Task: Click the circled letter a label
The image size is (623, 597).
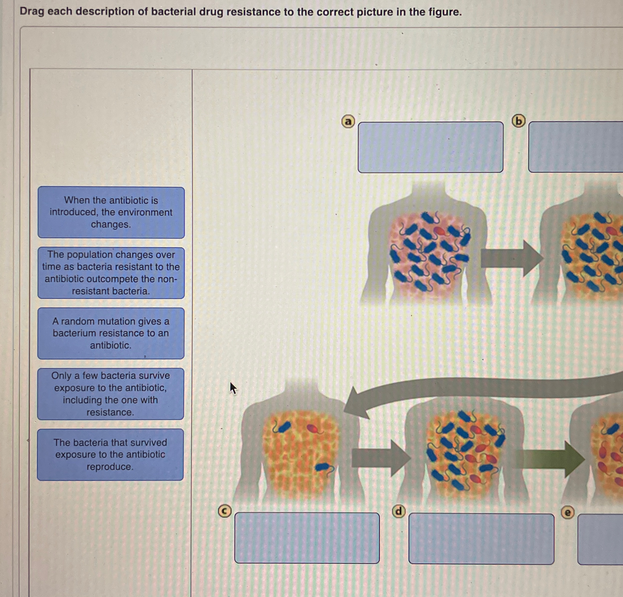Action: point(348,121)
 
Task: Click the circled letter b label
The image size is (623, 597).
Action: point(518,121)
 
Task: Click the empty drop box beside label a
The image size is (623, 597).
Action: point(430,147)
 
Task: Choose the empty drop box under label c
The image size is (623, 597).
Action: point(307,538)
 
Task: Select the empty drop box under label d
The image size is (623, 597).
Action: point(481,539)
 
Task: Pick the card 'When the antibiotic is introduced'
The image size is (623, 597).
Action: point(111,212)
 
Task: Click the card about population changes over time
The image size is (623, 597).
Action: point(111,273)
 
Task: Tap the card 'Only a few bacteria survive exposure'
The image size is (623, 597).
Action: point(110,394)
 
